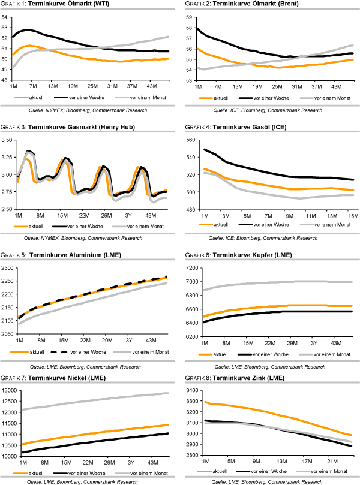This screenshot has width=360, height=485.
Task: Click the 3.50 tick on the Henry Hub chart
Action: (x=7, y=140)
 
